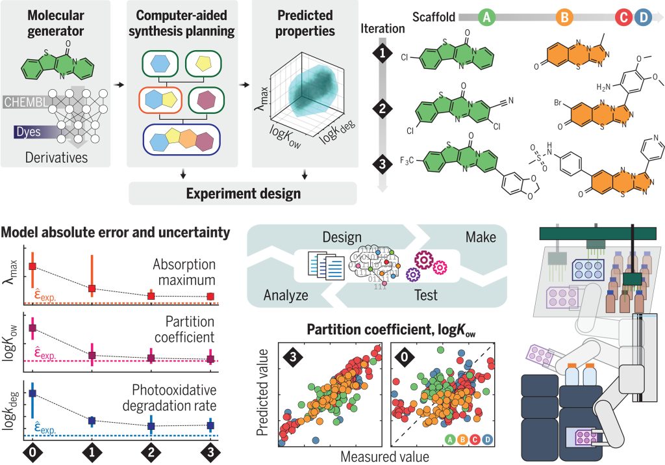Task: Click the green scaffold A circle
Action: [x=486, y=18]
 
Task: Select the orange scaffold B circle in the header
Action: [x=564, y=18]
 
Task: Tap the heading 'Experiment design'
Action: [x=243, y=193]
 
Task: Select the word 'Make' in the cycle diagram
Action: [x=481, y=238]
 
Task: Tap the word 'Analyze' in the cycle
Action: [x=285, y=295]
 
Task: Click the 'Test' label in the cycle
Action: [x=426, y=295]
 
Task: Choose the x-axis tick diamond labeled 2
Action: [x=151, y=451]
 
